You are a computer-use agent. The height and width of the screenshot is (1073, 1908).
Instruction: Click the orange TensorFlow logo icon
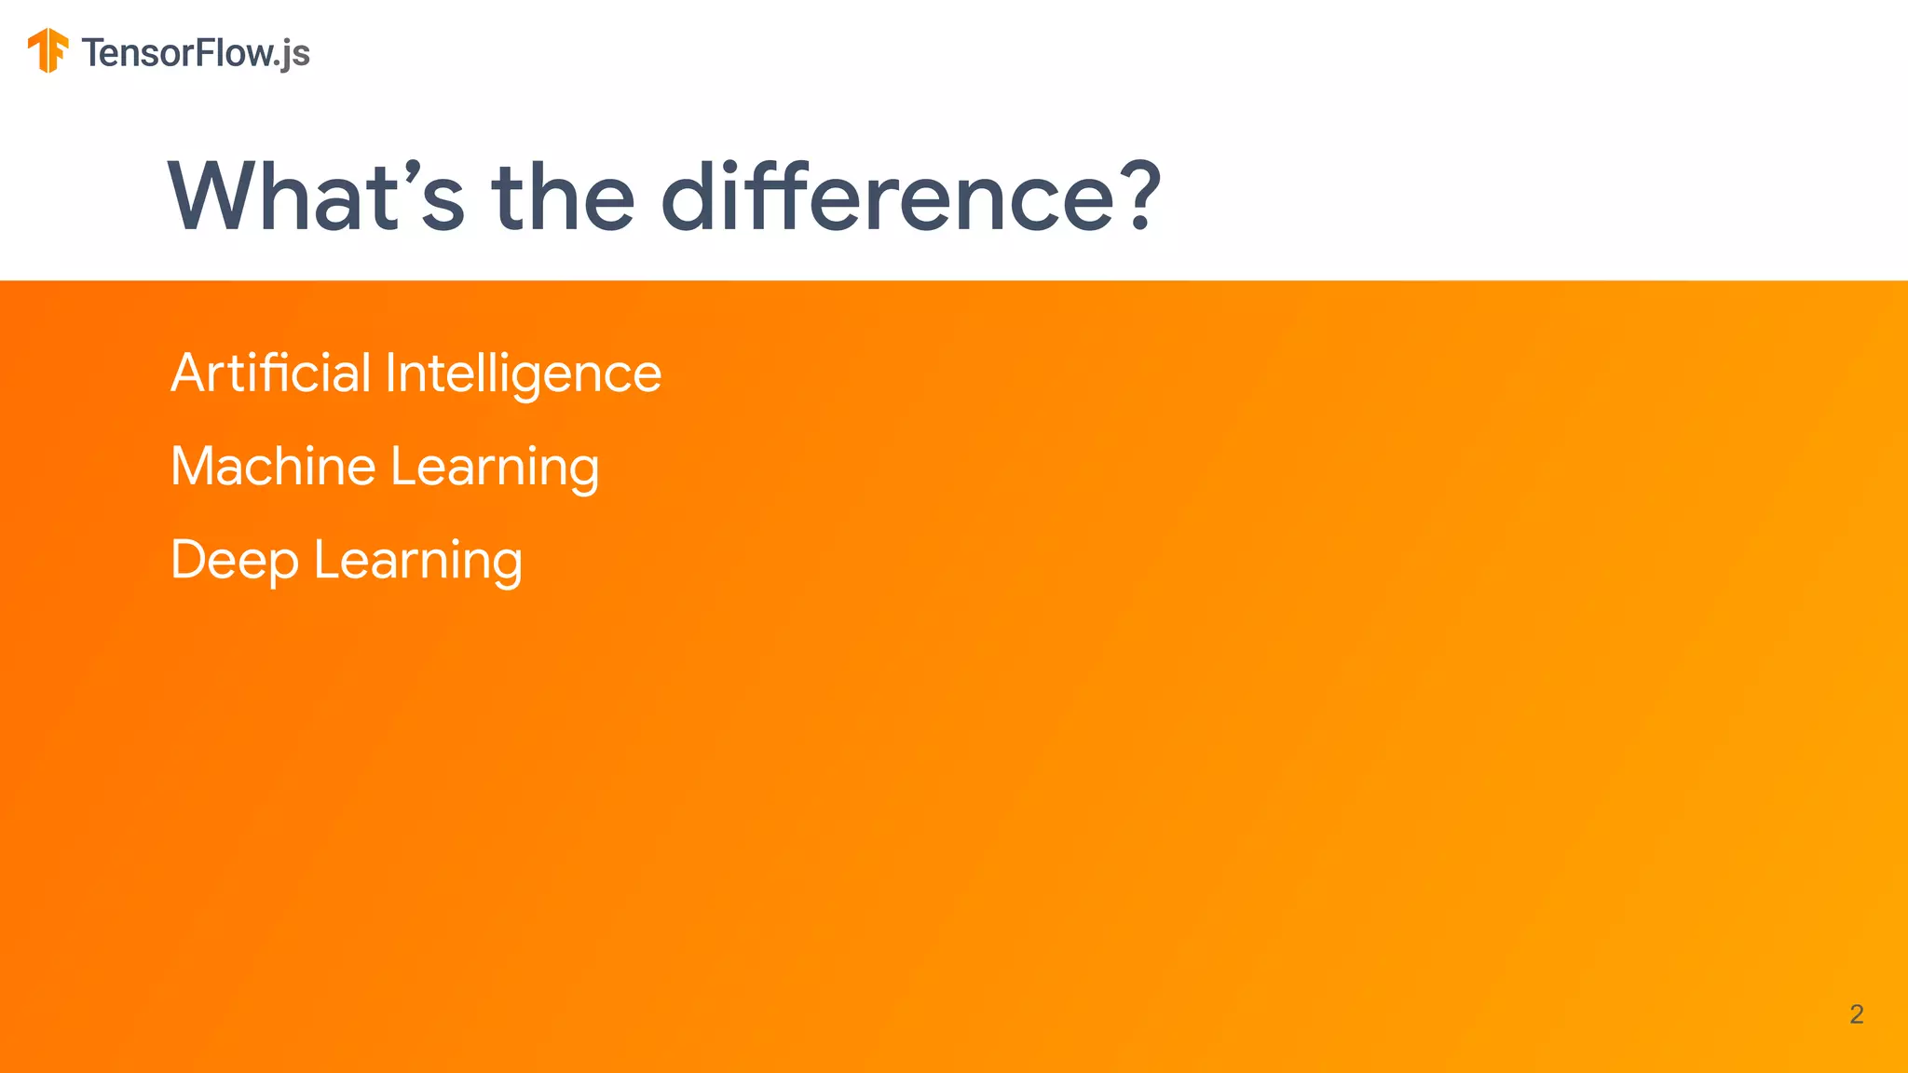pyautogui.click(x=48, y=50)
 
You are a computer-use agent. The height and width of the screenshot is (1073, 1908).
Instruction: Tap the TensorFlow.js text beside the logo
pyautogui.click(x=195, y=53)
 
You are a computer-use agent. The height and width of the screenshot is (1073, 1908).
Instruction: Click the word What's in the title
pyautogui.click(x=316, y=197)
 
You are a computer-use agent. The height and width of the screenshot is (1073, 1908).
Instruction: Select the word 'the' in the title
pyautogui.click(x=564, y=197)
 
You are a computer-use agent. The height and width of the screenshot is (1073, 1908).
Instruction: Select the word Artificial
pyautogui.click(x=271, y=373)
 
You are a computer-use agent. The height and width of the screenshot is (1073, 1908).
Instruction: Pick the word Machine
pyautogui.click(x=273, y=466)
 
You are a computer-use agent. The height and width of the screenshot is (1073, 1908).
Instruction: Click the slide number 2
pyautogui.click(x=1856, y=1014)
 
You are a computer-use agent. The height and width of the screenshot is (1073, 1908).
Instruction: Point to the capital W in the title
pyautogui.click(x=216, y=197)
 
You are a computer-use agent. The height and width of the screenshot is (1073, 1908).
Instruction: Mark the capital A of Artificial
pyautogui.click(x=188, y=373)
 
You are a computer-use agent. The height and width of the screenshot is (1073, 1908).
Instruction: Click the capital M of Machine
pyautogui.click(x=195, y=466)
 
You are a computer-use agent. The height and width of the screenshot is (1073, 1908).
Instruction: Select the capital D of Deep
pyautogui.click(x=190, y=559)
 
